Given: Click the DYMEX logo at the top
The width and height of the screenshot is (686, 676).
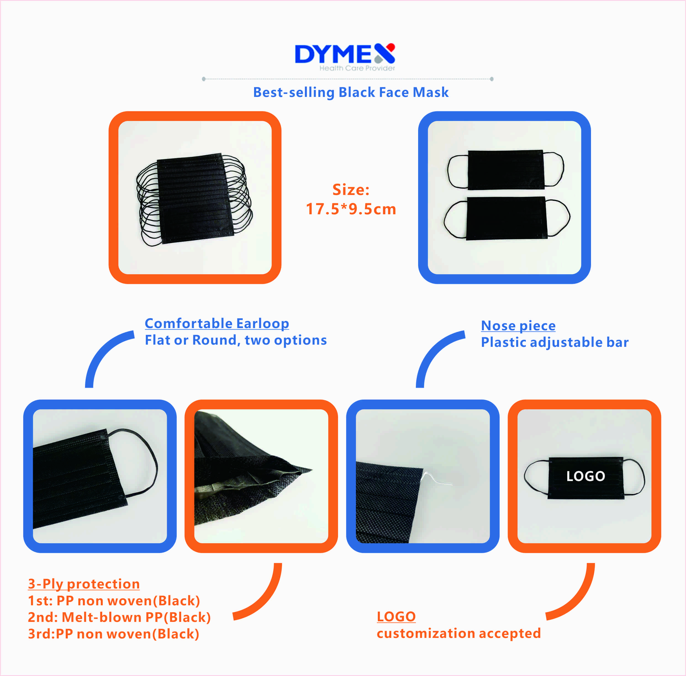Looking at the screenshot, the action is pyautogui.click(x=345, y=57).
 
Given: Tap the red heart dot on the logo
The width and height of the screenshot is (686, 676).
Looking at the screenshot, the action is pyautogui.click(x=391, y=47).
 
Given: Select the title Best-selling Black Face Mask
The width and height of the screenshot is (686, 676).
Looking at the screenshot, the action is pyautogui.click(x=351, y=92).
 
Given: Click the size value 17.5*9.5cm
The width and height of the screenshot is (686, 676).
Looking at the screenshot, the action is pyautogui.click(x=351, y=209).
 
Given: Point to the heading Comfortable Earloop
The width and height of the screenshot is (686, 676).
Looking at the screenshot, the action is pyautogui.click(x=217, y=323).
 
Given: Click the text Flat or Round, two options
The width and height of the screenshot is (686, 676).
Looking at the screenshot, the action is pyautogui.click(x=236, y=340).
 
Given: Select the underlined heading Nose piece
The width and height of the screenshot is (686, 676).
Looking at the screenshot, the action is pyautogui.click(x=518, y=326).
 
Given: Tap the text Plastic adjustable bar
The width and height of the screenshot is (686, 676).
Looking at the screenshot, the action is pyautogui.click(x=555, y=342).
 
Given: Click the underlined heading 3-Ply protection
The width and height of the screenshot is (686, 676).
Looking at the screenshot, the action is pyautogui.click(x=84, y=584).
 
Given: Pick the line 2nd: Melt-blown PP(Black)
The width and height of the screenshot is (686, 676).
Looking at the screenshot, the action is pyautogui.click(x=119, y=617).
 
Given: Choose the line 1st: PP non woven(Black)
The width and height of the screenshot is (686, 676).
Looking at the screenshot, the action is pyautogui.click(x=114, y=601).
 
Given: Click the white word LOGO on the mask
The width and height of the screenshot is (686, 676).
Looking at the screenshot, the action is pyautogui.click(x=585, y=476).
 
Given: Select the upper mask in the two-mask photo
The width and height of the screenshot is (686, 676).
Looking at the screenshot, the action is pyautogui.click(x=506, y=170).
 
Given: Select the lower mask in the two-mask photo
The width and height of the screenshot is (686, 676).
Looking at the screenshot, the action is pyautogui.click(x=507, y=218).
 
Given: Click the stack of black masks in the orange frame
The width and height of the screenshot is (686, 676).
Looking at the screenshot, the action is pyautogui.click(x=195, y=199).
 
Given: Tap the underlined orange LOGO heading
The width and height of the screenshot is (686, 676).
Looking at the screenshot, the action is pyautogui.click(x=396, y=617).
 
